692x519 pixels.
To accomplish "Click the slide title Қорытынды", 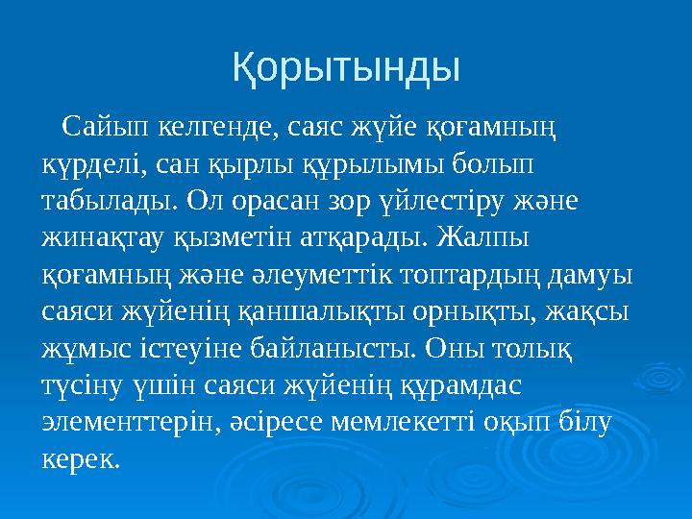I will point(346,67).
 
